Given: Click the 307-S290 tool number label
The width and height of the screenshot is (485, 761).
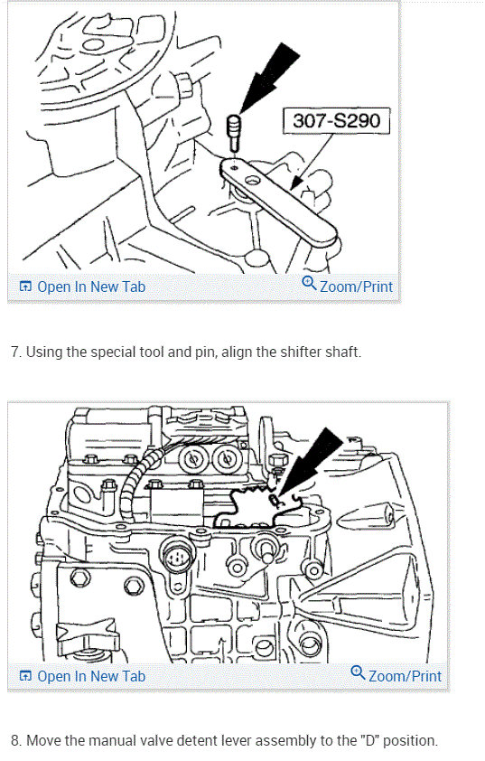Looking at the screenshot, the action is (337, 120).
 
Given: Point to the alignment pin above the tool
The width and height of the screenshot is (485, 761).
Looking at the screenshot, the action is (234, 132).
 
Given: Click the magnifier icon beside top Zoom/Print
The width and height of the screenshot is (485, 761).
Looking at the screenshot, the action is (309, 283).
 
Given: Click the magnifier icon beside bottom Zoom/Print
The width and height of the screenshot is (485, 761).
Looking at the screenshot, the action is (358, 672).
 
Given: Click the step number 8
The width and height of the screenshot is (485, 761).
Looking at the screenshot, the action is (15, 740).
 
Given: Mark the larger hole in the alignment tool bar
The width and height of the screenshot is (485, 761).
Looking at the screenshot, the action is (253, 181).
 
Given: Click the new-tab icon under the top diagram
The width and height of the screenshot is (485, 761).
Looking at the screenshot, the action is (25, 287).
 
